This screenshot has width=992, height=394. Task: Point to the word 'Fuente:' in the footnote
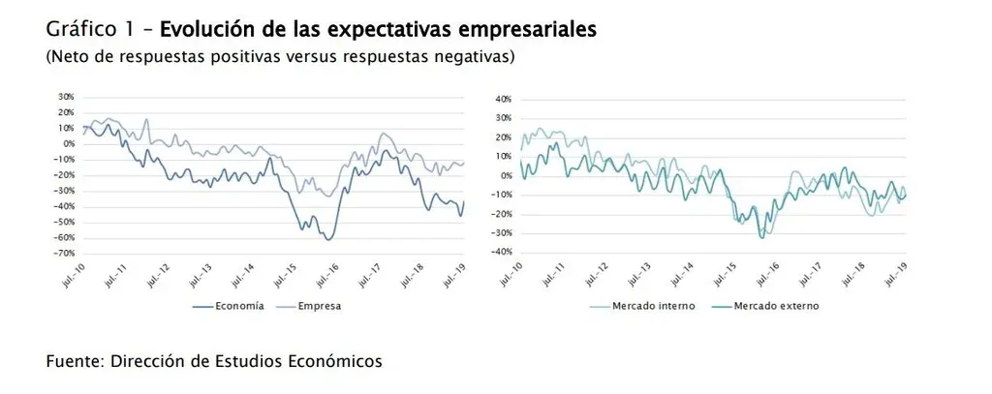pos(76,361)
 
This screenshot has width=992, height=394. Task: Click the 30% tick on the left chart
pos(67,97)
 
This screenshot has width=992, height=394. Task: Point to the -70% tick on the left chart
pos(65,253)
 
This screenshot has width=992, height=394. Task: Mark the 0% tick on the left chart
pos(69,143)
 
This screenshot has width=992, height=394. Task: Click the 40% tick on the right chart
pos(502,100)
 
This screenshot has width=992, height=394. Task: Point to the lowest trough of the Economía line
pos(329,239)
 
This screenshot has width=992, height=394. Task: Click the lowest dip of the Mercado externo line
pos(762,237)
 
